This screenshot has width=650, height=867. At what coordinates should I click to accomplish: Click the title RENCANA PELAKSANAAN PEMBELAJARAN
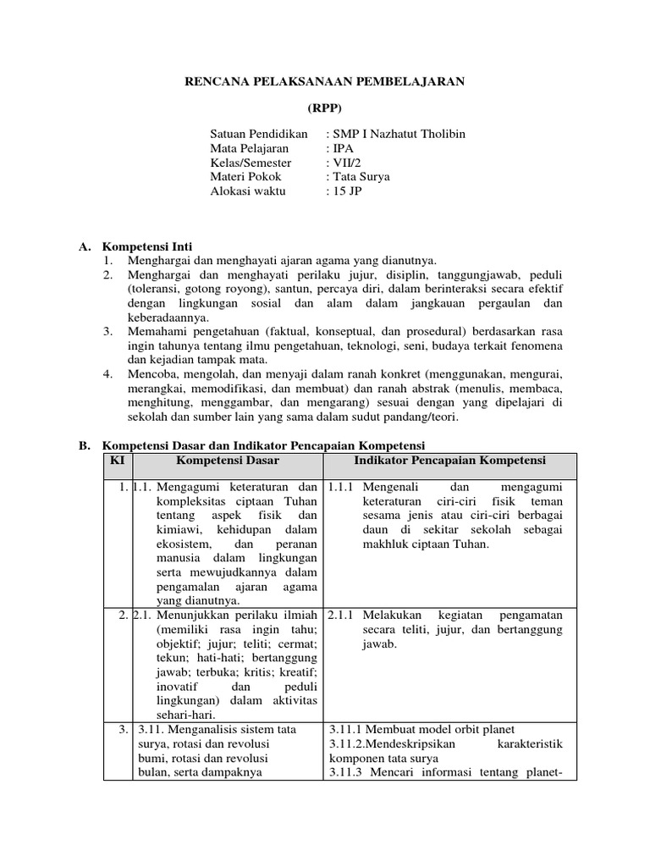[325, 82]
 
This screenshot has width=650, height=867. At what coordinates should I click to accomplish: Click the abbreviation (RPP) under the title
[324, 108]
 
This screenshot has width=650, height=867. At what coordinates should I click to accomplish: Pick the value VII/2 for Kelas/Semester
[345, 163]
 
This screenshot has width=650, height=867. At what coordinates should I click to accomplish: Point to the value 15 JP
[344, 191]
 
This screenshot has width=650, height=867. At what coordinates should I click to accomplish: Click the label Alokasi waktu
[248, 191]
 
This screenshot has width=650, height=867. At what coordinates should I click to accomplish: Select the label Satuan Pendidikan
[259, 135]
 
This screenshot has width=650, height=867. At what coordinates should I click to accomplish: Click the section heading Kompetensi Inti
[147, 246]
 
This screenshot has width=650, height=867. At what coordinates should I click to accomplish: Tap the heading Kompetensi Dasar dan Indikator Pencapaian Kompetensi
[263, 445]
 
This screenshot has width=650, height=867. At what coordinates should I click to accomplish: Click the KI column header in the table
[118, 460]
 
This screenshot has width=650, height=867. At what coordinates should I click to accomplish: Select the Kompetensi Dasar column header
[228, 460]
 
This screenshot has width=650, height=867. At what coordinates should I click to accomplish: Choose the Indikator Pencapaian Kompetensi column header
[449, 460]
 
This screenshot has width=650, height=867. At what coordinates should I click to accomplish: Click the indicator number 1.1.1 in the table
[340, 487]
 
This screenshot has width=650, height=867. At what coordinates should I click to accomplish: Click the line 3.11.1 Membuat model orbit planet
[421, 729]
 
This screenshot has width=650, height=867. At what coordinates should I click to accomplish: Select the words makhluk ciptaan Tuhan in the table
[426, 544]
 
